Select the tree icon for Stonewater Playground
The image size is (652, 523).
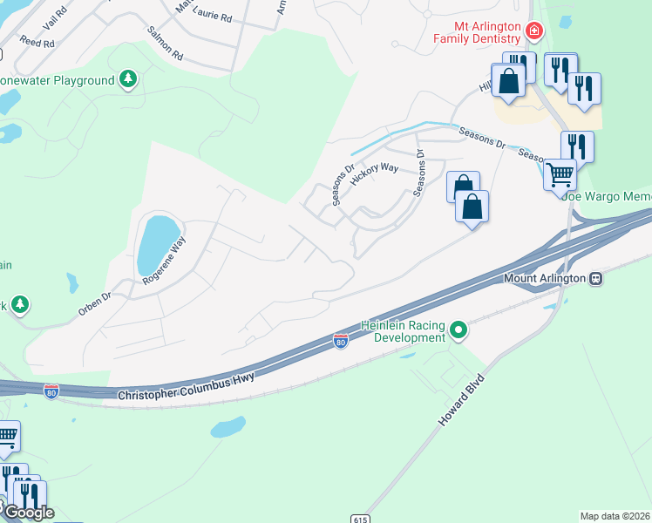pyautogui.click(x=128, y=80)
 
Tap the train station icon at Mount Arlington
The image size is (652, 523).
pyautogui.click(x=596, y=279)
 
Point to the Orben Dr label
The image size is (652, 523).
pyautogui.click(x=95, y=296)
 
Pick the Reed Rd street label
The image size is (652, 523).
pyautogui.click(x=37, y=42)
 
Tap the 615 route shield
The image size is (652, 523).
pyautogui.click(x=361, y=519)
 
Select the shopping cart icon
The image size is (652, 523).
pyautogui.click(x=560, y=174)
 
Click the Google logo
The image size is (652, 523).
pyautogui.click(x=28, y=513)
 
